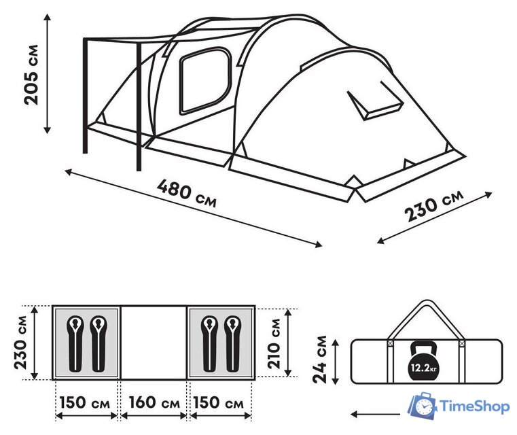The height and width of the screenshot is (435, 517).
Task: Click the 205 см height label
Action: pyautogui.click(x=31, y=75)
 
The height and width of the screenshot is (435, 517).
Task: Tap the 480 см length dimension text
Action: pyautogui.click(x=187, y=193)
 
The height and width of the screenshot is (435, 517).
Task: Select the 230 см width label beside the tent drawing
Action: pyautogui.click(x=434, y=206)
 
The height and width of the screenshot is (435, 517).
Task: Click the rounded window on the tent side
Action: pyautogui.click(x=204, y=81)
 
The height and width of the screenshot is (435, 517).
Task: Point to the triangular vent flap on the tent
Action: pyautogui.click(x=375, y=101)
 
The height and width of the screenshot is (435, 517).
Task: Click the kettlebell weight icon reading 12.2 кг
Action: pyautogui.click(x=423, y=361)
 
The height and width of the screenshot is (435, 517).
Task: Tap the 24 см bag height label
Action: pyautogui.click(x=320, y=360)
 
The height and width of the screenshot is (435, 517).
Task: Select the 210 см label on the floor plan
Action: pyautogui.click(x=274, y=344)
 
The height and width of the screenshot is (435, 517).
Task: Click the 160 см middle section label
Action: pyautogui.click(x=154, y=402)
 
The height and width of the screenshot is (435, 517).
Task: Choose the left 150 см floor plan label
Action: pyautogui.click(x=85, y=402)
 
